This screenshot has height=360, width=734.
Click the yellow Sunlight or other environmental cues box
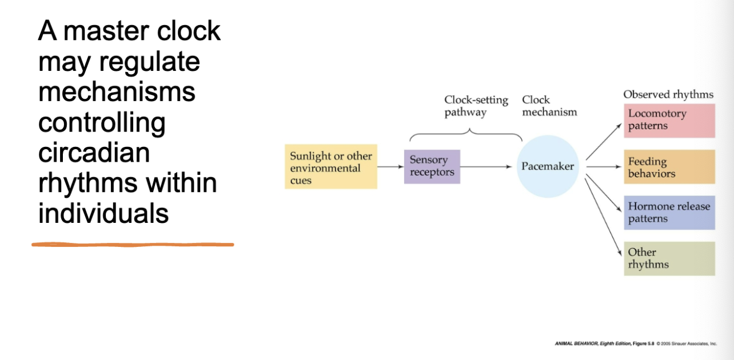pyautogui.click(x=331, y=167)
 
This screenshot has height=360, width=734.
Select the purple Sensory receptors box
pyautogui.click(x=432, y=166)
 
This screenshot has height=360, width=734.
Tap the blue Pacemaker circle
pyautogui.click(x=547, y=166)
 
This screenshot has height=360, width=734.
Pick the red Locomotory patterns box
pyautogui.click(x=669, y=120)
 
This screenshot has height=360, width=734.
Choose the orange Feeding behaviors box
pyautogui.click(x=669, y=167)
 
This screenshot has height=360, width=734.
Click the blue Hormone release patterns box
pyautogui.click(x=669, y=213)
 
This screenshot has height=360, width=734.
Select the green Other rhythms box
pyautogui.click(x=669, y=258)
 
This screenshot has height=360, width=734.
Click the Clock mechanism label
pyautogui.click(x=549, y=106)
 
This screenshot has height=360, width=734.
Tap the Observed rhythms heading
pyautogui.click(x=668, y=95)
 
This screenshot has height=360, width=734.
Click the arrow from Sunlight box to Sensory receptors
pyautogui.click(x=390, y=167)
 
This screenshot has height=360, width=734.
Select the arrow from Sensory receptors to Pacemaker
pyautogui.click(x=486, y=167)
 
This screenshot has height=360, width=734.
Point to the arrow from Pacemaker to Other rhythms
pyautogui.click(x=604, y=217)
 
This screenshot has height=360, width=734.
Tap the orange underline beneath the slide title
pyautogui.click(x=133, y=245)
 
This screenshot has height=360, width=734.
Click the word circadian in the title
pyautogui.click(x=94, y=153)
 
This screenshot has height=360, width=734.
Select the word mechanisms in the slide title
pyautogui.click(x=117, y=91)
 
